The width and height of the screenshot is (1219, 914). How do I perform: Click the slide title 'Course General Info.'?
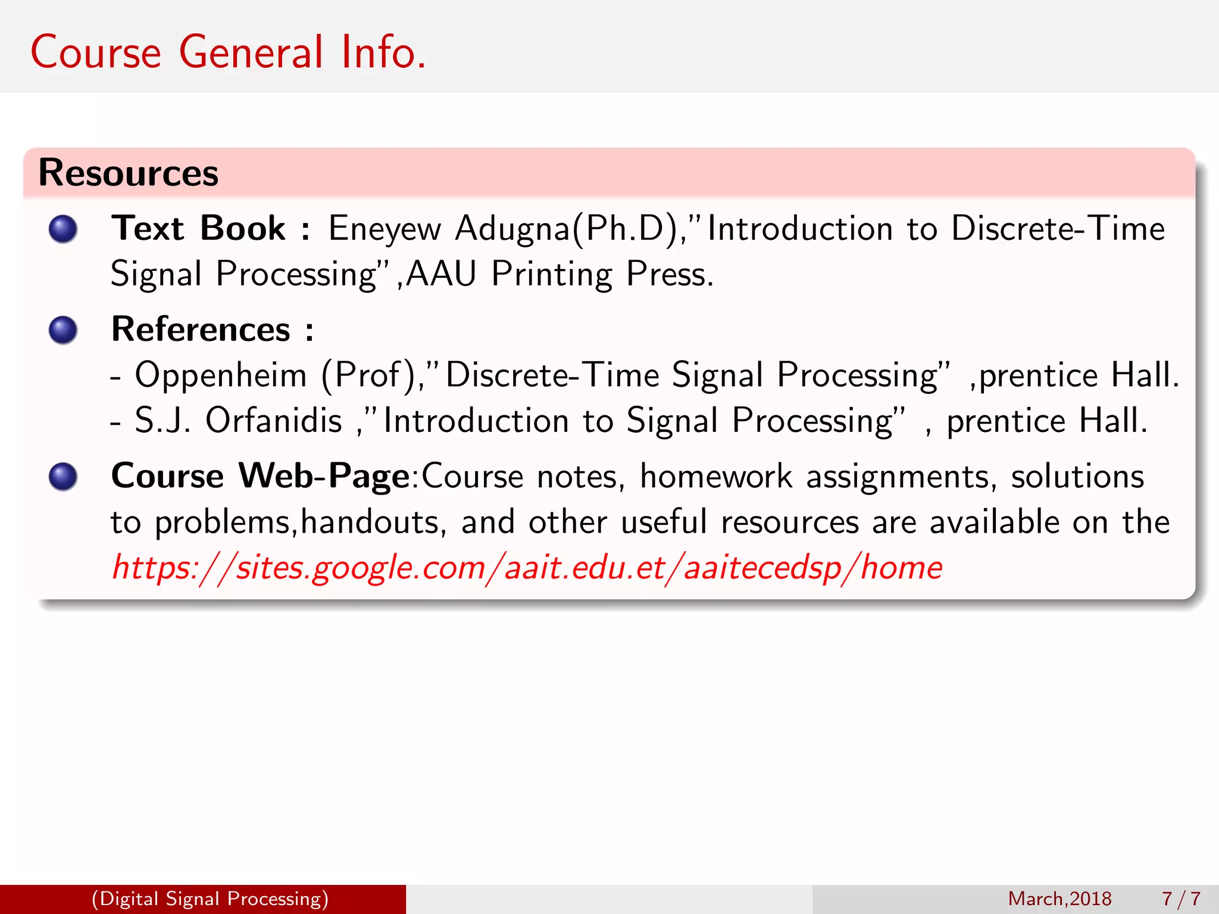tap(228, 52)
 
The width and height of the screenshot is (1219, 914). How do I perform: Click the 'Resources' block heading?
tap(128, 173)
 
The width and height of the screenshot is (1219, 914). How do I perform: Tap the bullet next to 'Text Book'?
tap(63, 229)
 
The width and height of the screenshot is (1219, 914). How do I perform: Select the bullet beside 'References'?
tap(63, 330)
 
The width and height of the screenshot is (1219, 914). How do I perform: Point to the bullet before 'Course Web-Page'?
tap(63, 477)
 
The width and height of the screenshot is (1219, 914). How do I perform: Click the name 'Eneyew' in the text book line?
tap(385, 229)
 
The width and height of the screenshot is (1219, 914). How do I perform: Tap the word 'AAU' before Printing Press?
tap(441, 274)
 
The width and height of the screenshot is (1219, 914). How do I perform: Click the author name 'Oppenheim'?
tap(221, 375)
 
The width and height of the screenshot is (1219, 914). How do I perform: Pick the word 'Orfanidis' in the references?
tap(273, 421)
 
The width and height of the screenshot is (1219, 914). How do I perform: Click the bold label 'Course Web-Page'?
tap(260, 477)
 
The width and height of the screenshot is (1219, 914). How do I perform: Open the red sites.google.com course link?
tap(527, 568)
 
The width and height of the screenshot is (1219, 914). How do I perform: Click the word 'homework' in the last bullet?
tap(716, 477)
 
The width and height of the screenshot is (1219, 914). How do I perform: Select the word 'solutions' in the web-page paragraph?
tap(1077, 477)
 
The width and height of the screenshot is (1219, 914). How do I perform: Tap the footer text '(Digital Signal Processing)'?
tap(210, 899)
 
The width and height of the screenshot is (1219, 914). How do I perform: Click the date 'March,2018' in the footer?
tap(1059, 899)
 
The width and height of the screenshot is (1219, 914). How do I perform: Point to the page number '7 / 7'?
tap(1181, 899)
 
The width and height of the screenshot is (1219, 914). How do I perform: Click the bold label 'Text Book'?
tap(198, 229)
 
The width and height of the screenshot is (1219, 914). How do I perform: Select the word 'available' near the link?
tap(994, 522)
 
